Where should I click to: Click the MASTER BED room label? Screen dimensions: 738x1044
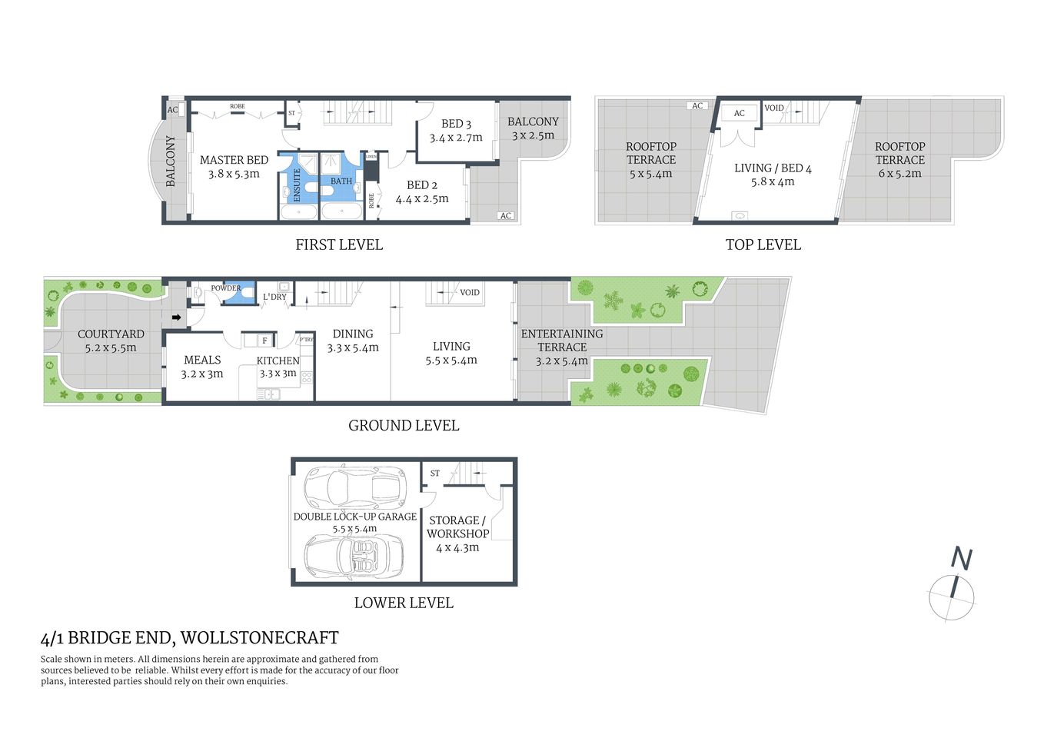click(x=234, y=161)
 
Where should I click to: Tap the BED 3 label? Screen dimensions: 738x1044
click(x=456, y=124)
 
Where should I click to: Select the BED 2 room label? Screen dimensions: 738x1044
click(x=422, y=185)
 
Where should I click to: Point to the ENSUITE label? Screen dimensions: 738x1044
click(x=298, y=185)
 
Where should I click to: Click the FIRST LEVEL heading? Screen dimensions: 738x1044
click(x=339, y=245)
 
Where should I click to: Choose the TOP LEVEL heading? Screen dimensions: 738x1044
click(x=763, y=245)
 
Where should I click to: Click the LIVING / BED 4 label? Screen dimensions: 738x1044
click(x=773, y=168)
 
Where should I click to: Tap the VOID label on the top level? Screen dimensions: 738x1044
click(x=774, y=108)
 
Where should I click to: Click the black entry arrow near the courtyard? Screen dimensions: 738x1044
click(x=176, y=317)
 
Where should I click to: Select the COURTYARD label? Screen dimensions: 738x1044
click(x=111, y=334)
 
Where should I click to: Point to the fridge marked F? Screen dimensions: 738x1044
click(x=264, y=341)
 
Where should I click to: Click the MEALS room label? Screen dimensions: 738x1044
click(x=202, y=360)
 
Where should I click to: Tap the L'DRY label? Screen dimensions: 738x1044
click(x=274, y=297)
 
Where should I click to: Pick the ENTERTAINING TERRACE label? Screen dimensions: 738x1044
click(x=562, y=341)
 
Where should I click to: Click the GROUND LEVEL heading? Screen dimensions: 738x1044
click(x=404, y=426)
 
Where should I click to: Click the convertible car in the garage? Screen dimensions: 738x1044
click(x=354, y=554)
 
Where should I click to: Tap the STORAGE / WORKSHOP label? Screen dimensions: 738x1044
click(x=457, y=527)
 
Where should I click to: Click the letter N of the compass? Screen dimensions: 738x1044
click(x=962, y=558)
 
